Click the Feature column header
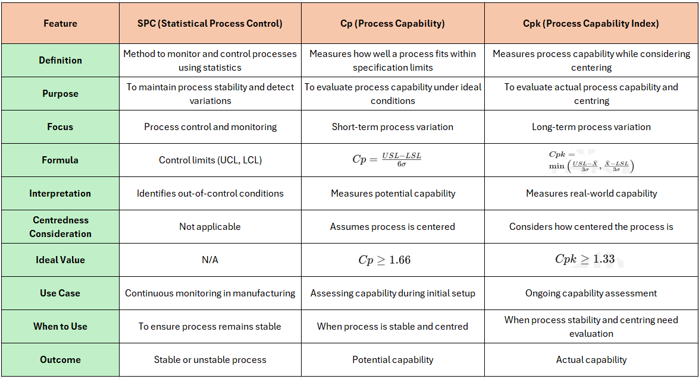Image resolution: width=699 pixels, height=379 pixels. pyautogui.click(x=60, y=24)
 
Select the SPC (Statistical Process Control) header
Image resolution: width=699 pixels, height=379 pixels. pyautogui.click(x=210, y=24)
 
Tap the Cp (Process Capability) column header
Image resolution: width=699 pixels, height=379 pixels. pyautogui.click(x=393, y=24)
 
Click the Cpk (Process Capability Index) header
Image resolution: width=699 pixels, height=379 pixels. pyautogui.click(x=591, y=24)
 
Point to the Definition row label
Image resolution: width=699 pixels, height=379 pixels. pyautogui.click(x=60, y=60)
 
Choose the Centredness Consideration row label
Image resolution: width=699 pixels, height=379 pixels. pyautogui.click(x=60, y=226)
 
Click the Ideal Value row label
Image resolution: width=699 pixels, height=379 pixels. pyautogui.click(x=60, y=260)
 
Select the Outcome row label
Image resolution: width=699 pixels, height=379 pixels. pyautogui.click(x=60, y=359)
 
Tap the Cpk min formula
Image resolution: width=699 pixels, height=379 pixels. pyautogui.click(x=591, y=161)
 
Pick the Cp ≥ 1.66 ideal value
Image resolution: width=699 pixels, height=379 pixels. pyautogui.click(x=384, y=260)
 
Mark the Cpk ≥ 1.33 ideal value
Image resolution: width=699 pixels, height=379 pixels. pyautogui.click(x=585, y=259)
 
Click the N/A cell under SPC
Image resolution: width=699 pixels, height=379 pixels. pyautogui.click(x=210, y=260)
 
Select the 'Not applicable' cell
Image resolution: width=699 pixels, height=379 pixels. pyautogui.click(x=210, y=226)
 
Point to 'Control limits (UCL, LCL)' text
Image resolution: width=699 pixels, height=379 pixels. pyautogui.click(x=210, y=160)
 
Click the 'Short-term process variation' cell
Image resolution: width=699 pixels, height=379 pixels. pyautogui.click(x=393, y=127)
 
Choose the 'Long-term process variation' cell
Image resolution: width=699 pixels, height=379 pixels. pyautogui.click(x=591, y=127)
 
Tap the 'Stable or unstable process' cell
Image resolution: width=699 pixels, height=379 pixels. pyautogui.click(x=210, y=359)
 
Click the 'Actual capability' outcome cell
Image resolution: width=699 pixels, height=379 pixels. pyautogui.click(x=591, y=359)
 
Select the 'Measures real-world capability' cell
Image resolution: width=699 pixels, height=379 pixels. pyautogui.click(x=591, y=193)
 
